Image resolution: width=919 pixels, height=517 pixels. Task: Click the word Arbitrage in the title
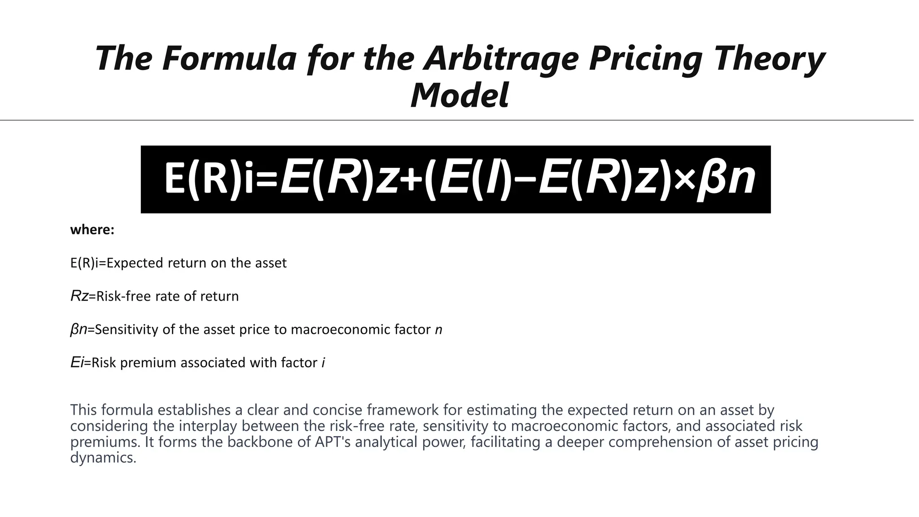pyautogui.click(x=502, y=59)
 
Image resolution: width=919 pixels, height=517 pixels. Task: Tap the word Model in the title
pyautogui.click(x=459, y=95)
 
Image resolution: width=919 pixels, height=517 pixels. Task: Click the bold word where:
pyautogui.click(x=92, y=230)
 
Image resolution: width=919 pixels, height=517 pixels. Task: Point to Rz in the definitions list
pyautogui.click(x=79, y=296)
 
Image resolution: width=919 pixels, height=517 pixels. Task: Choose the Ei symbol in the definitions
pyautogui.click(x=77, y=363)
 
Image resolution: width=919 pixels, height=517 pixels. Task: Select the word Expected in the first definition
pyautogui.click(x=135, y=263)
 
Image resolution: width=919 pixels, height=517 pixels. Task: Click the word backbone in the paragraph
pyautogui.click(x=260, y=442)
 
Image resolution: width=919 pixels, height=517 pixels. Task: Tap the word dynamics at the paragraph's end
pyautogui.click(x=103, y=458)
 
